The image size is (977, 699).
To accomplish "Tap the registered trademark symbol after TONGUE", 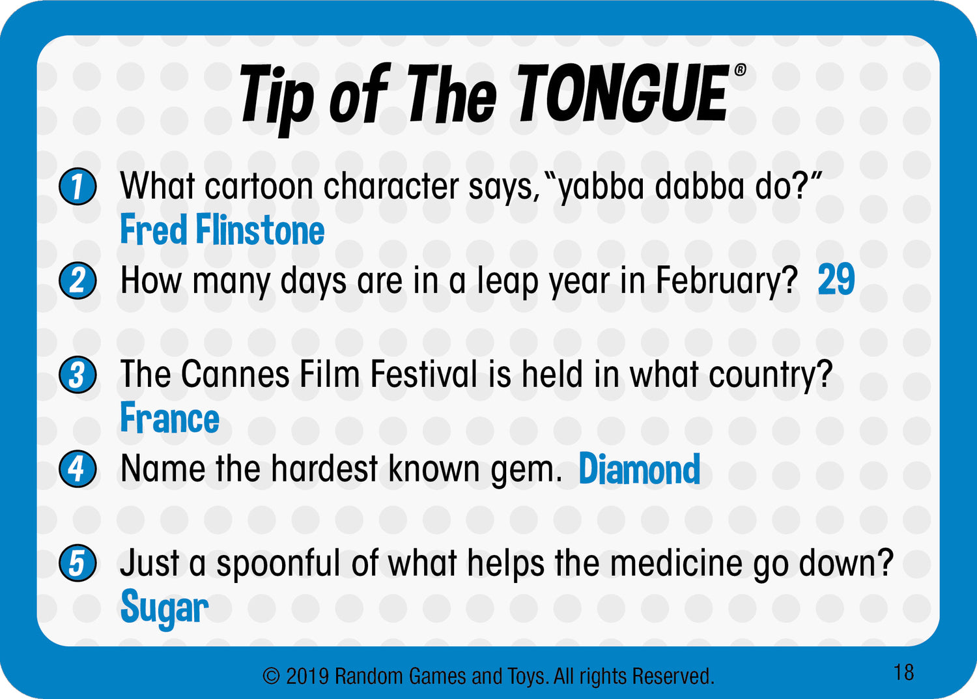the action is pos(740,70).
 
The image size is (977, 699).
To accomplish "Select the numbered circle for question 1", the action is pos(78,186).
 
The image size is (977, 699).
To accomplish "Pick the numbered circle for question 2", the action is pos(78,280).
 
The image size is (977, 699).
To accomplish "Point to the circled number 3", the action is pos(78,375).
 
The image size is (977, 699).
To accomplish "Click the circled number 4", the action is pos(78,468).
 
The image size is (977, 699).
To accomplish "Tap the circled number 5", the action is pos(78,563).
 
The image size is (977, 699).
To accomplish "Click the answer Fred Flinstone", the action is pos(223,229).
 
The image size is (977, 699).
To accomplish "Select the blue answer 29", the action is pos(836,279).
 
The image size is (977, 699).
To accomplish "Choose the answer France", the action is pos(169,418).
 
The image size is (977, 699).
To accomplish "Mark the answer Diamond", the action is pos(640,468).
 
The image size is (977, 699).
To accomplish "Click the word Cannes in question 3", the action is pos(236,374).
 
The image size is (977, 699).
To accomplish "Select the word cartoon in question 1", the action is pos(259,187).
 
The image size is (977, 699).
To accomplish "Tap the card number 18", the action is pos(903,672).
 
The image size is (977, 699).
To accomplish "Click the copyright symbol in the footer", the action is pos(271,677).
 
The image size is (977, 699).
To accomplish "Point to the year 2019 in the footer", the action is pos(307,677).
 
